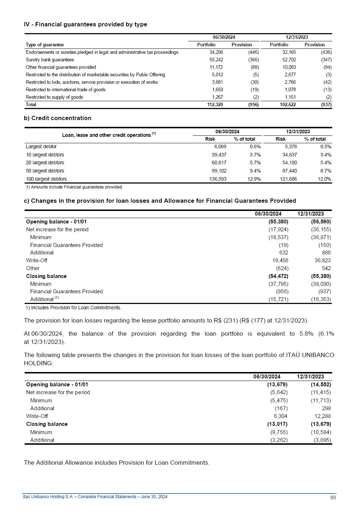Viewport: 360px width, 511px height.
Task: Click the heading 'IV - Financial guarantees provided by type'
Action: pyautogui.click(x=86, y=25)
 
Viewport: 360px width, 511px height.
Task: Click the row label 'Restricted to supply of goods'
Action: pyautogui.click(x=54, y=97)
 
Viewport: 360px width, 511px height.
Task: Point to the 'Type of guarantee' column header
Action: pyautogui.click(x=45, y=45)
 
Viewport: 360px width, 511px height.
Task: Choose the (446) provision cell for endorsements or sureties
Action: pyautogui.click(x=253, y=52)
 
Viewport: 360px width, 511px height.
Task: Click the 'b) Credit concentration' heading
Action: pyautogui.click(x=58, y=118)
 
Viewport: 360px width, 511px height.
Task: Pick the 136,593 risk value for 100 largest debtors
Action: pyautogui.click(x=218, y=179)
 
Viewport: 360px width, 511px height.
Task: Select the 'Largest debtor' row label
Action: pyautogui.click(x=41, y=147)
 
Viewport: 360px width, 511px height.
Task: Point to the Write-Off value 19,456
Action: pyautogui.click(x=280, y=260)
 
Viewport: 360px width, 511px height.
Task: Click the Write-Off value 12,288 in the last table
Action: pyautogui.click(x=323, y=416)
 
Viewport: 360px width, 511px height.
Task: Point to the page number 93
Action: pyautogui.click(x=333, y=498)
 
